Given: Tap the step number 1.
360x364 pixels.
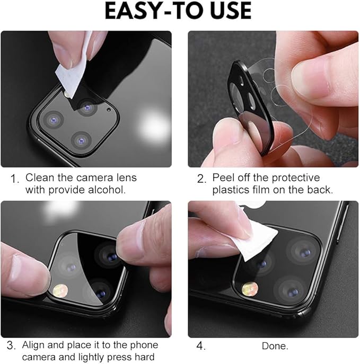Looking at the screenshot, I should pos(14,179).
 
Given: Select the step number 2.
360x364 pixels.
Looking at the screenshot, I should pos(201,179).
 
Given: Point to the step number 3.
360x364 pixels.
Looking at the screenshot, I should pos(10,346).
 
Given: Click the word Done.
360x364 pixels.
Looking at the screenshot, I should pos(275,346).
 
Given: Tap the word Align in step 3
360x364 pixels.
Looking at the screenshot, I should pos(33,345).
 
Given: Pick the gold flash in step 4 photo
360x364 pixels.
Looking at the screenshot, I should pos(250,288).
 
